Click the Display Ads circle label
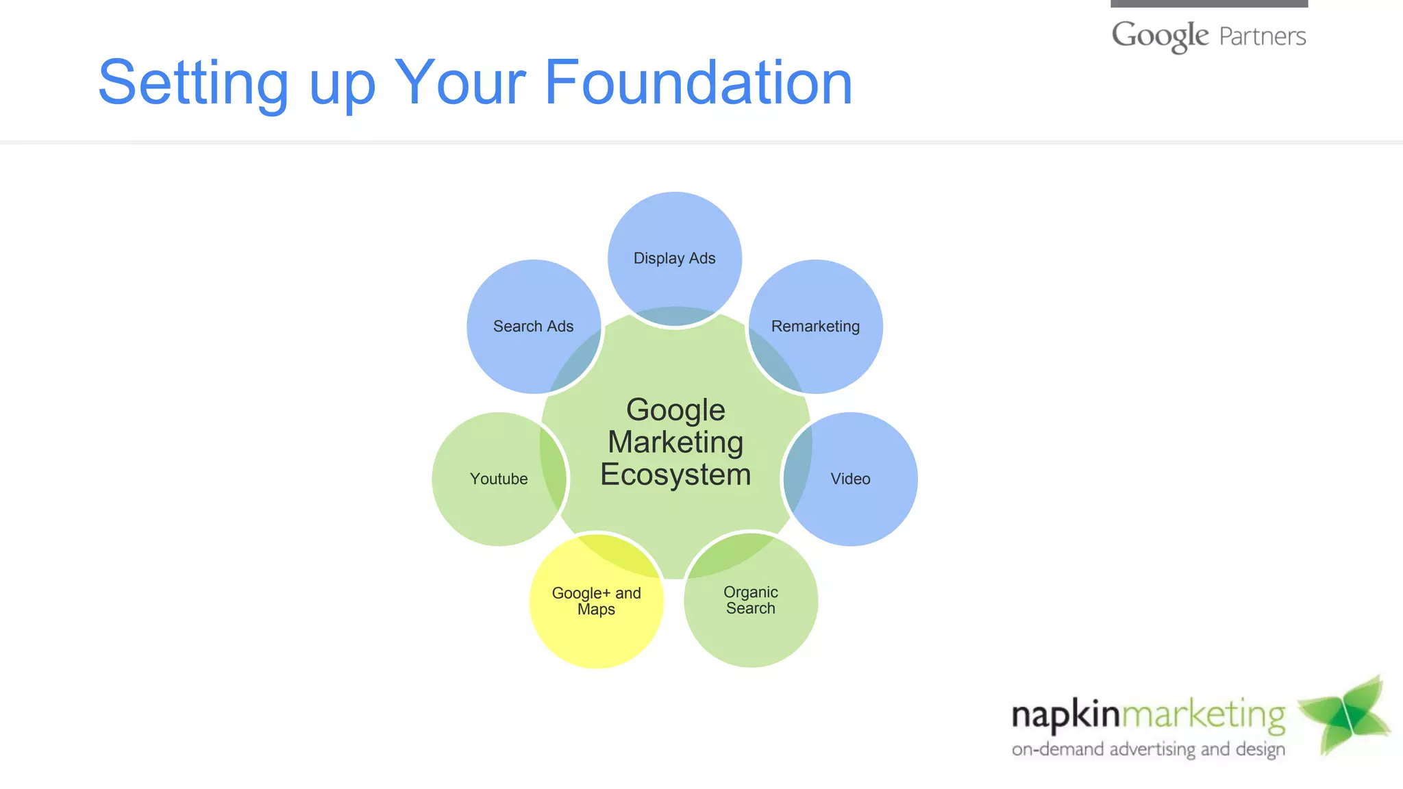click(674, 258)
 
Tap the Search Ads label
click(533, 326)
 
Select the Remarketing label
click(815, 326)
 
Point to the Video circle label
click(850, 479)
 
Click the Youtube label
click(499, 479)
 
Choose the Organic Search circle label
click(751, 600)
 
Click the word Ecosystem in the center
click(675, 475)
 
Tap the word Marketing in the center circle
click(675, 442)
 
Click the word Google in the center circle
click(675, 410)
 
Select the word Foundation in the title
click(698, 83)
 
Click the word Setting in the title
click(193, 83)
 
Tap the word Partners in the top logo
click(1263, 36)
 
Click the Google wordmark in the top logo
click(1160, 36)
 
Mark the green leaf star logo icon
click(1345, 716)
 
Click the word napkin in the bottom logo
click(1065, 715)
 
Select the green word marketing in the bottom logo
click(1204, 715)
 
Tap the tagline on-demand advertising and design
click(1148, 749)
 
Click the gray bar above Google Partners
click(1209, 3)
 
